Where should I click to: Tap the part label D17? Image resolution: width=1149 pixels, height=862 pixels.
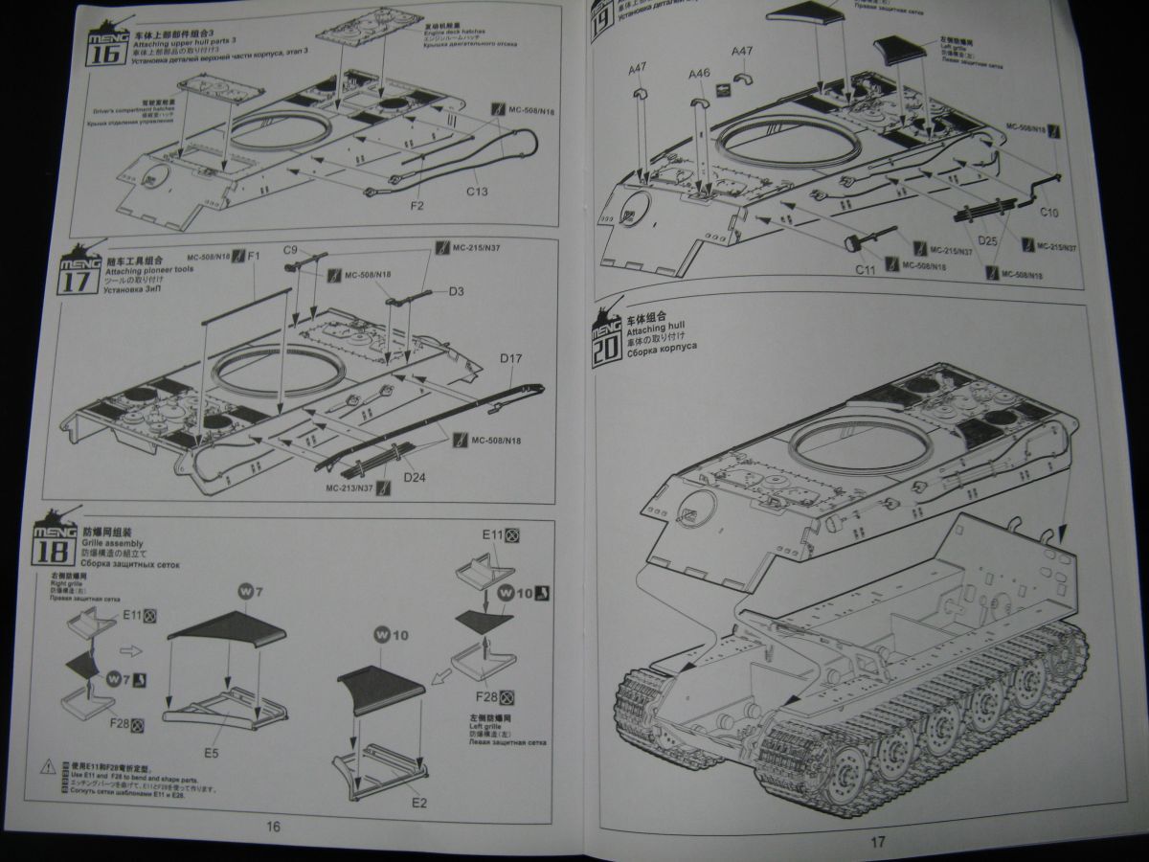(509, 360)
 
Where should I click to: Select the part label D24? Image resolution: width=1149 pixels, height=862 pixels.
(416, 476)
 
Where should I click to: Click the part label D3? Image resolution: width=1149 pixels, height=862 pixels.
(457, 290)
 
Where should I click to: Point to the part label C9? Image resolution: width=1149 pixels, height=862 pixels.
(293, 252)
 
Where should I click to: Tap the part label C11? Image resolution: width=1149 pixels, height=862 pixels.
(866, 269)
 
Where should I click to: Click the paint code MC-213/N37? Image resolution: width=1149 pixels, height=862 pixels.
(348, 488)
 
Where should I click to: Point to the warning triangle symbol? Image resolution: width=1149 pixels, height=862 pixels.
(48, 767)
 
